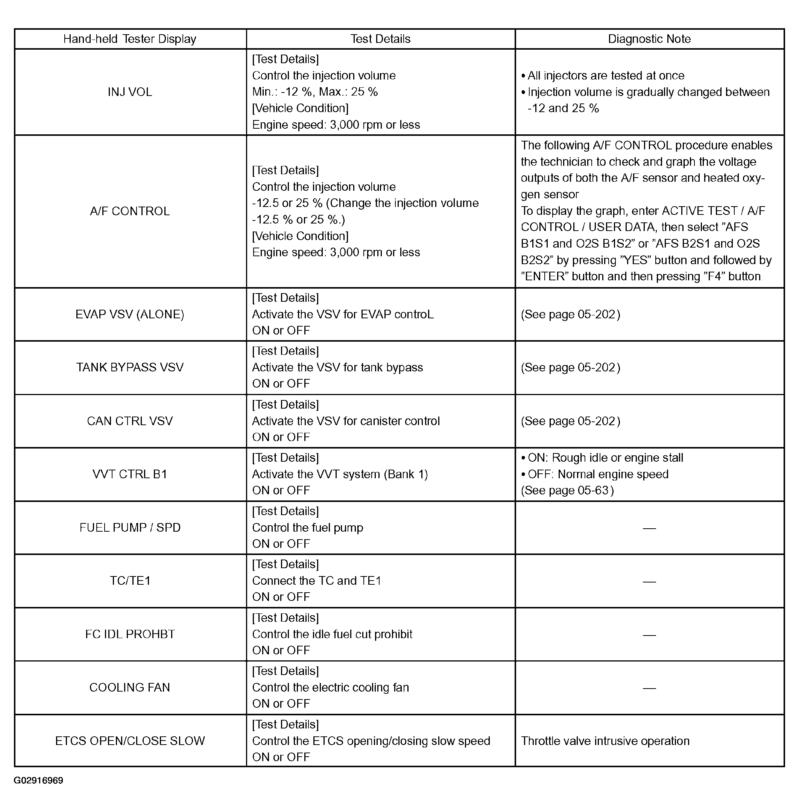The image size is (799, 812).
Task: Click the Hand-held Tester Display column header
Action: [130, 39]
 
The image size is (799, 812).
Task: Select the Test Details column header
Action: [380, 39]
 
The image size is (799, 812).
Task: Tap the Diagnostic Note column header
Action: [649, 39]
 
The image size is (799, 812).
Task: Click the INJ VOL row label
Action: [130, 92]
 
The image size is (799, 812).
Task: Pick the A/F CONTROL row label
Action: [130, 211]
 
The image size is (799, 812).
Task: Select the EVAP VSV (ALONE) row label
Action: [130, 315]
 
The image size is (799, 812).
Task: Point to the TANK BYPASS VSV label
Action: [130, 367]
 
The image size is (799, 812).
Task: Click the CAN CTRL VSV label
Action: [130, 421]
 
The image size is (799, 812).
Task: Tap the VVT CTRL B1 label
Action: [130, 474]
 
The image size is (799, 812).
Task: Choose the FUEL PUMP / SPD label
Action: [130, 528]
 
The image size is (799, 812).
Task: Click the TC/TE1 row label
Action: [130, 581]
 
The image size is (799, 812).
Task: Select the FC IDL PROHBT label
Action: [130, 634]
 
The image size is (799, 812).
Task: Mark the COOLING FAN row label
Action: [130, 687]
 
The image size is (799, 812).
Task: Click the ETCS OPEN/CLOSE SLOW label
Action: [130, 741]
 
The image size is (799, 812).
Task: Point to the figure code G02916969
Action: [38, 780]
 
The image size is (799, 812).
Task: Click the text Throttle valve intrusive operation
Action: [605, 741]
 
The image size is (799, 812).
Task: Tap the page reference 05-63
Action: [593, 490]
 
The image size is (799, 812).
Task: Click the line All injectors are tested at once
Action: [606, 76]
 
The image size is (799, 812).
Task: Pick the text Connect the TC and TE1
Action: [316, 581]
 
